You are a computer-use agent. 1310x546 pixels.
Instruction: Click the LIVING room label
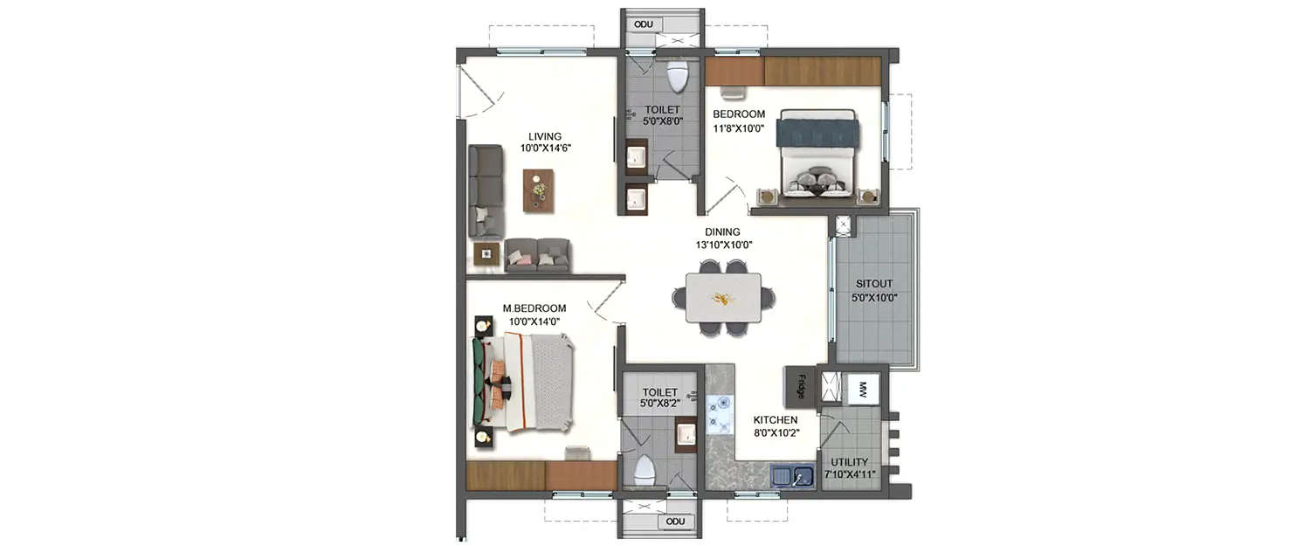click(x=545, y=136)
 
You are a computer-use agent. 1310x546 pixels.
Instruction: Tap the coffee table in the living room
click(x=538, y=190)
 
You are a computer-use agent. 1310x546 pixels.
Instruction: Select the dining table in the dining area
click(x=722, y=299)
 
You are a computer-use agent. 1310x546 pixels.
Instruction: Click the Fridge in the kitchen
click(x=800, y=386)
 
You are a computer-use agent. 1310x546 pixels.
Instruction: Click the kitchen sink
click(x=793, y=477)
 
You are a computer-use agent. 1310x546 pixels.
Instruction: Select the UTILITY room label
click(x=849, y=462)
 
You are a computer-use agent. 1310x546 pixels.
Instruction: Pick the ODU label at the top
click(x=644, y=24)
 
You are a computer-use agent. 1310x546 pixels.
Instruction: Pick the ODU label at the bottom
click(x=675, y=522)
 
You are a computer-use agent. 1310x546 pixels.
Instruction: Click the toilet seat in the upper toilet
click(x=678, y=77)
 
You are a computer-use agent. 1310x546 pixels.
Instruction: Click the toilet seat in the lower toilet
click(x=644, y=469)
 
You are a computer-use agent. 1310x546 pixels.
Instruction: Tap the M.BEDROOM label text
click(x=534, y=308)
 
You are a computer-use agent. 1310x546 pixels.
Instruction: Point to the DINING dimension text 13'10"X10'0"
click(x=723, y=245)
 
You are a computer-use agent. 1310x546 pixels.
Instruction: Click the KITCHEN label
click(x=776, y=420)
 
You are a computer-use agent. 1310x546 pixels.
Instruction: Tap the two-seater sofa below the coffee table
click(x=537, y=254)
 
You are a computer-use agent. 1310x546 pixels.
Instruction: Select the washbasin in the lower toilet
click(x=686, y=432)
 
